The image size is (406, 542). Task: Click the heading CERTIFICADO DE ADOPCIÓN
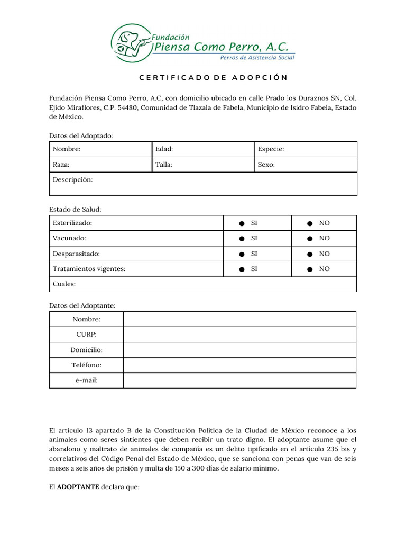[x=214, y=78]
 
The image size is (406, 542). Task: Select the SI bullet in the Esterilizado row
[x=242, y=223]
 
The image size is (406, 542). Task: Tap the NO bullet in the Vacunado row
[x=310, y=239]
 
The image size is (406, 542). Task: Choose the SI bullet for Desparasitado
[x=242, y=254]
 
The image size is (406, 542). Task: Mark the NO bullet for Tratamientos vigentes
[x=310, y=269]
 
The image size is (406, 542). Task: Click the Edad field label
[x=164, y=149]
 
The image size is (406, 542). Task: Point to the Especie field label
[x=271, y=149]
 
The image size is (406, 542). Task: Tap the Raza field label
[x=61, y=165]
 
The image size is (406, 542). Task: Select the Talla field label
[x=164, y=165]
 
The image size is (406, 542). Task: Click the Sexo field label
[x=266, y=165]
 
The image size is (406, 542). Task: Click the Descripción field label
[x=72, y=180]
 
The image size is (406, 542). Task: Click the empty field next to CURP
[x=239, y=335]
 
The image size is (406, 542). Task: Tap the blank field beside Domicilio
[x=239, y=350]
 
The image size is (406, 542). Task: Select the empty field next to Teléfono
[x=239, y=365]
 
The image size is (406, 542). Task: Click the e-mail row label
[x=86, y=381]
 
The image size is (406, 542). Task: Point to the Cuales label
[x=64, y=284]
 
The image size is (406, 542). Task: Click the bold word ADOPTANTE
[x=78, y=487]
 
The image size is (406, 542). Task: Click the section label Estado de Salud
[x=75, y=210]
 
